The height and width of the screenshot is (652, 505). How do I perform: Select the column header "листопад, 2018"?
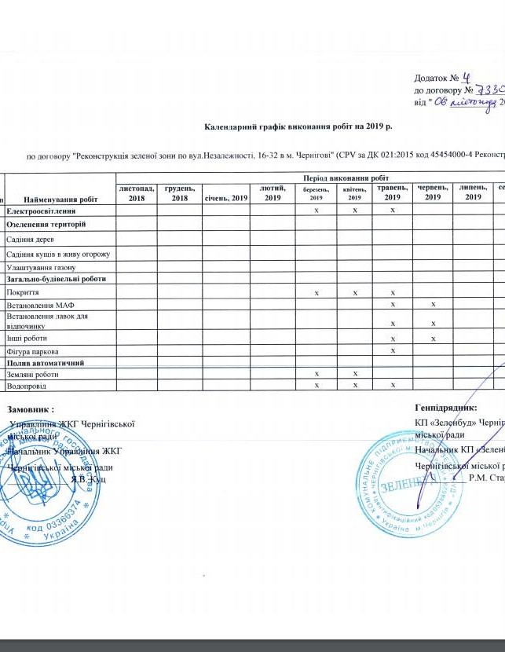[136, 192]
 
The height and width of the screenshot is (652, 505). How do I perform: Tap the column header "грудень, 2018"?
[180, 192]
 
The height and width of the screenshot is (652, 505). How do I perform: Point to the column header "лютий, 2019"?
[273, 192]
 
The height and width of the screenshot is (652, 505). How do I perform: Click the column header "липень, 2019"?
[473, 192]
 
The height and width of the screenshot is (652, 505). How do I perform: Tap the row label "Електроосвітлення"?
[42, 212]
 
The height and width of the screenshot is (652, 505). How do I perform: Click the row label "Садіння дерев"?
[29, 238]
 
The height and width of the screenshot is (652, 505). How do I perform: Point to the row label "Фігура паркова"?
[32, 350]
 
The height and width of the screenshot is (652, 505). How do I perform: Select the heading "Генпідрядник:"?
[445, 408]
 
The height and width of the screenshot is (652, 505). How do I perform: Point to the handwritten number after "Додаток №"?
[465, 77]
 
